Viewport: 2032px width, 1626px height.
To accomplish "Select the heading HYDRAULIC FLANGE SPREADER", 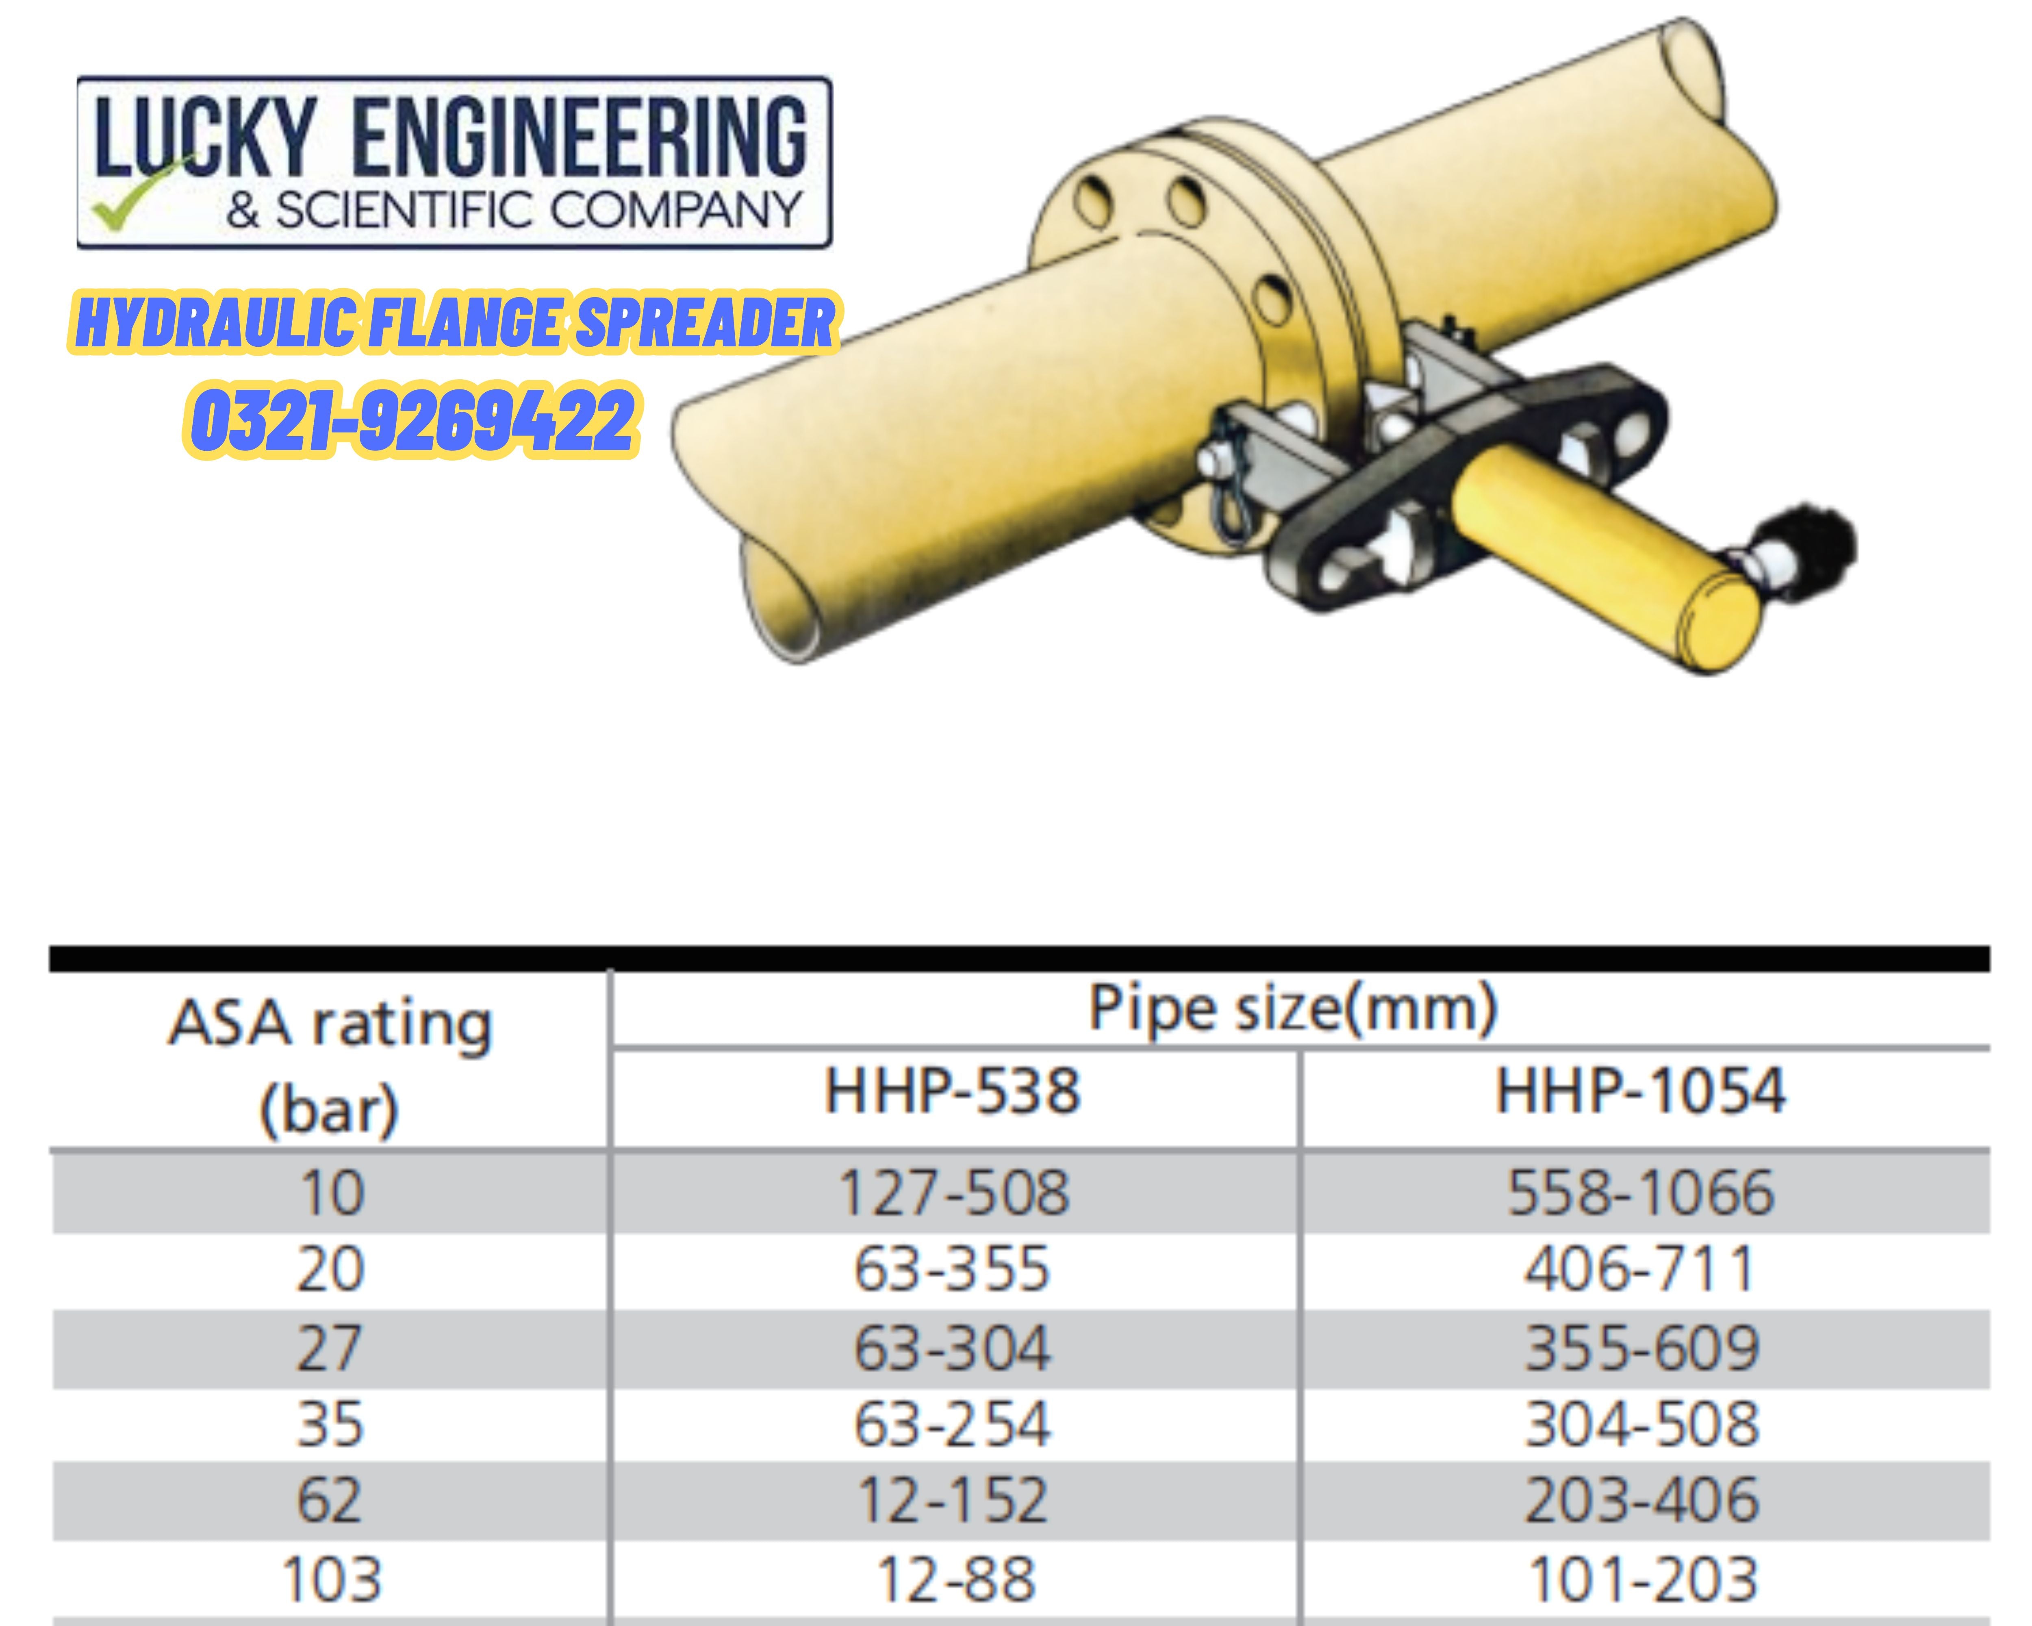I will pos(454,322).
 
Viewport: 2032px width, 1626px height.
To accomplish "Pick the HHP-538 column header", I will pos(952,1091).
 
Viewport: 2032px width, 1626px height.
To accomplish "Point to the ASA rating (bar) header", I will pos(330,1065).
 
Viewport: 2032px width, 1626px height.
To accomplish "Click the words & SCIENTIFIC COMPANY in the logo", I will pos(514,209).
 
